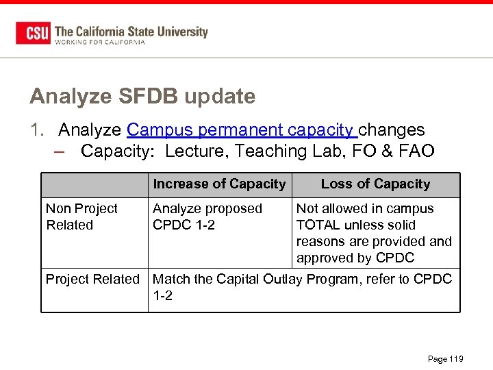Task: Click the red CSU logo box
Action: pyautogui.click(x=33, y=33)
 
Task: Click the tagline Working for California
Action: pyautogui.click(x=100, y=42)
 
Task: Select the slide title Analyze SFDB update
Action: pyautogui.click(x=142, y=97)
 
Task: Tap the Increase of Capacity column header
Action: pyautogui.click(x=219, y=184)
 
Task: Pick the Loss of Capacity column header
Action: pyautogui.click(x=375, y=184)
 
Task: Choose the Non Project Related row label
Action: pyautogui.click(x=81, y=217)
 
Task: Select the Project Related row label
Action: pyautogui.click(x=92, y=279)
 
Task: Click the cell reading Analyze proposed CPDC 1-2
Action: pyautogui.click(x=207, y=217)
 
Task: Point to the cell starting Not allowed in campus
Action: pyautogui.click(x=374, y=233)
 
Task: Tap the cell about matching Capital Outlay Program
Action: pyautogui.click(x=302, y=287)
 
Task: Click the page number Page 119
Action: pyautogui.click(x=445, y=359)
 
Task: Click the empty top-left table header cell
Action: pyautogui.click(x=94, y=184)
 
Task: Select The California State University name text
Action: pyautogui.click(x=131, y=31)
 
